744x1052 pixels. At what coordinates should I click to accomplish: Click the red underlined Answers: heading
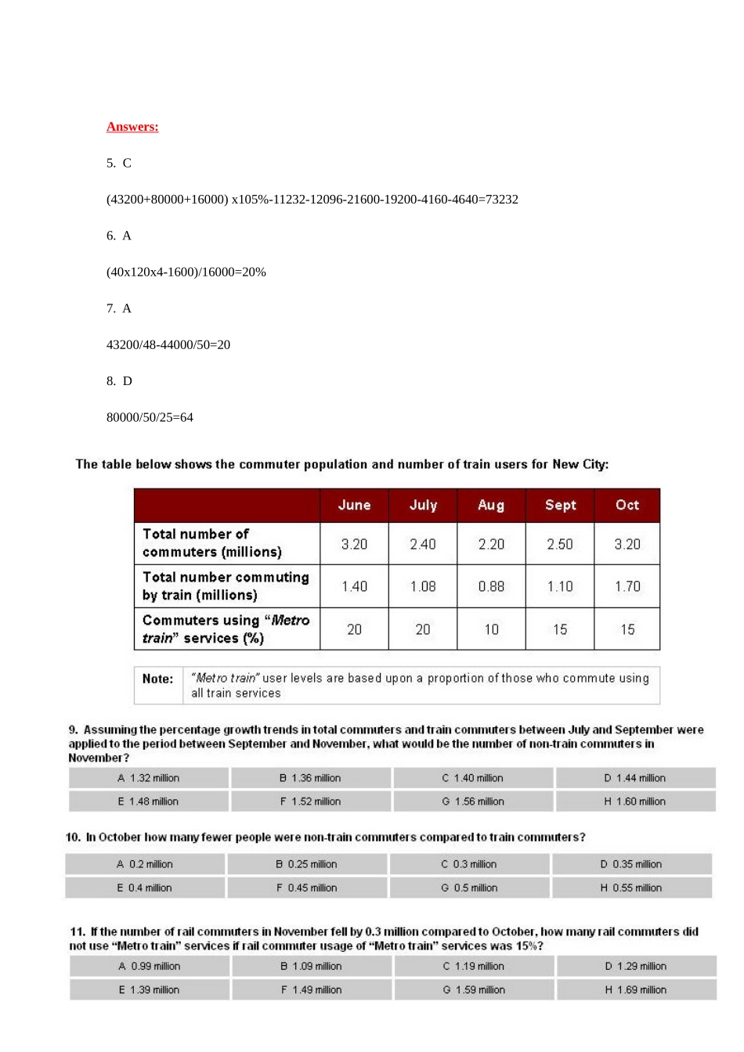[132, 127]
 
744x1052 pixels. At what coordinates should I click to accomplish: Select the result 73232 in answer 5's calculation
[500, 200]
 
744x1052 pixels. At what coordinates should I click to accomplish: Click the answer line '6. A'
[119, 236]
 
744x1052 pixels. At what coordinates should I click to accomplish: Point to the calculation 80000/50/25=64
[150, 418]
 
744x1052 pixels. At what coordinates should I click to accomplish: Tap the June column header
[354, 506]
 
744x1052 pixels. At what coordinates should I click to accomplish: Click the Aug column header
[491, 506]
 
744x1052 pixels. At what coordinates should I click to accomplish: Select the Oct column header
[627, 506]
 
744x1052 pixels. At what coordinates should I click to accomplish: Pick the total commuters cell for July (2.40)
[423, 544]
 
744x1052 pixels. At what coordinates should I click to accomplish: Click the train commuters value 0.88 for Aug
[491, 586]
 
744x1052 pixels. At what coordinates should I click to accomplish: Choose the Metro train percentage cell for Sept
[560, 629]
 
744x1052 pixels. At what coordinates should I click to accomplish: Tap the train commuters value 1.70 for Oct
[627, 586]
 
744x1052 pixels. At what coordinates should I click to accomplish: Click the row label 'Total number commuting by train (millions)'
[226, 586]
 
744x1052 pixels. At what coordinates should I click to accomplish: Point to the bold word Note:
[157, 679]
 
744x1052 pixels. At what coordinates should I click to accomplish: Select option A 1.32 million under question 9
[149, 778]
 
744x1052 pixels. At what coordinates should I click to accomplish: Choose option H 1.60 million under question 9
[635, 802]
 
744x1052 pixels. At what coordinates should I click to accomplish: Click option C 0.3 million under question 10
[469, 864]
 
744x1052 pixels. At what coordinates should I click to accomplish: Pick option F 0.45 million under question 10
[307, 888]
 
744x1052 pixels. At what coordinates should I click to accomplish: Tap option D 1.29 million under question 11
[636, 967]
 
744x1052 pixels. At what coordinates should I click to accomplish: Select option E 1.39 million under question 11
[150, 990]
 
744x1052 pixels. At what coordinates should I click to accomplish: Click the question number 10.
[74, 838]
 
